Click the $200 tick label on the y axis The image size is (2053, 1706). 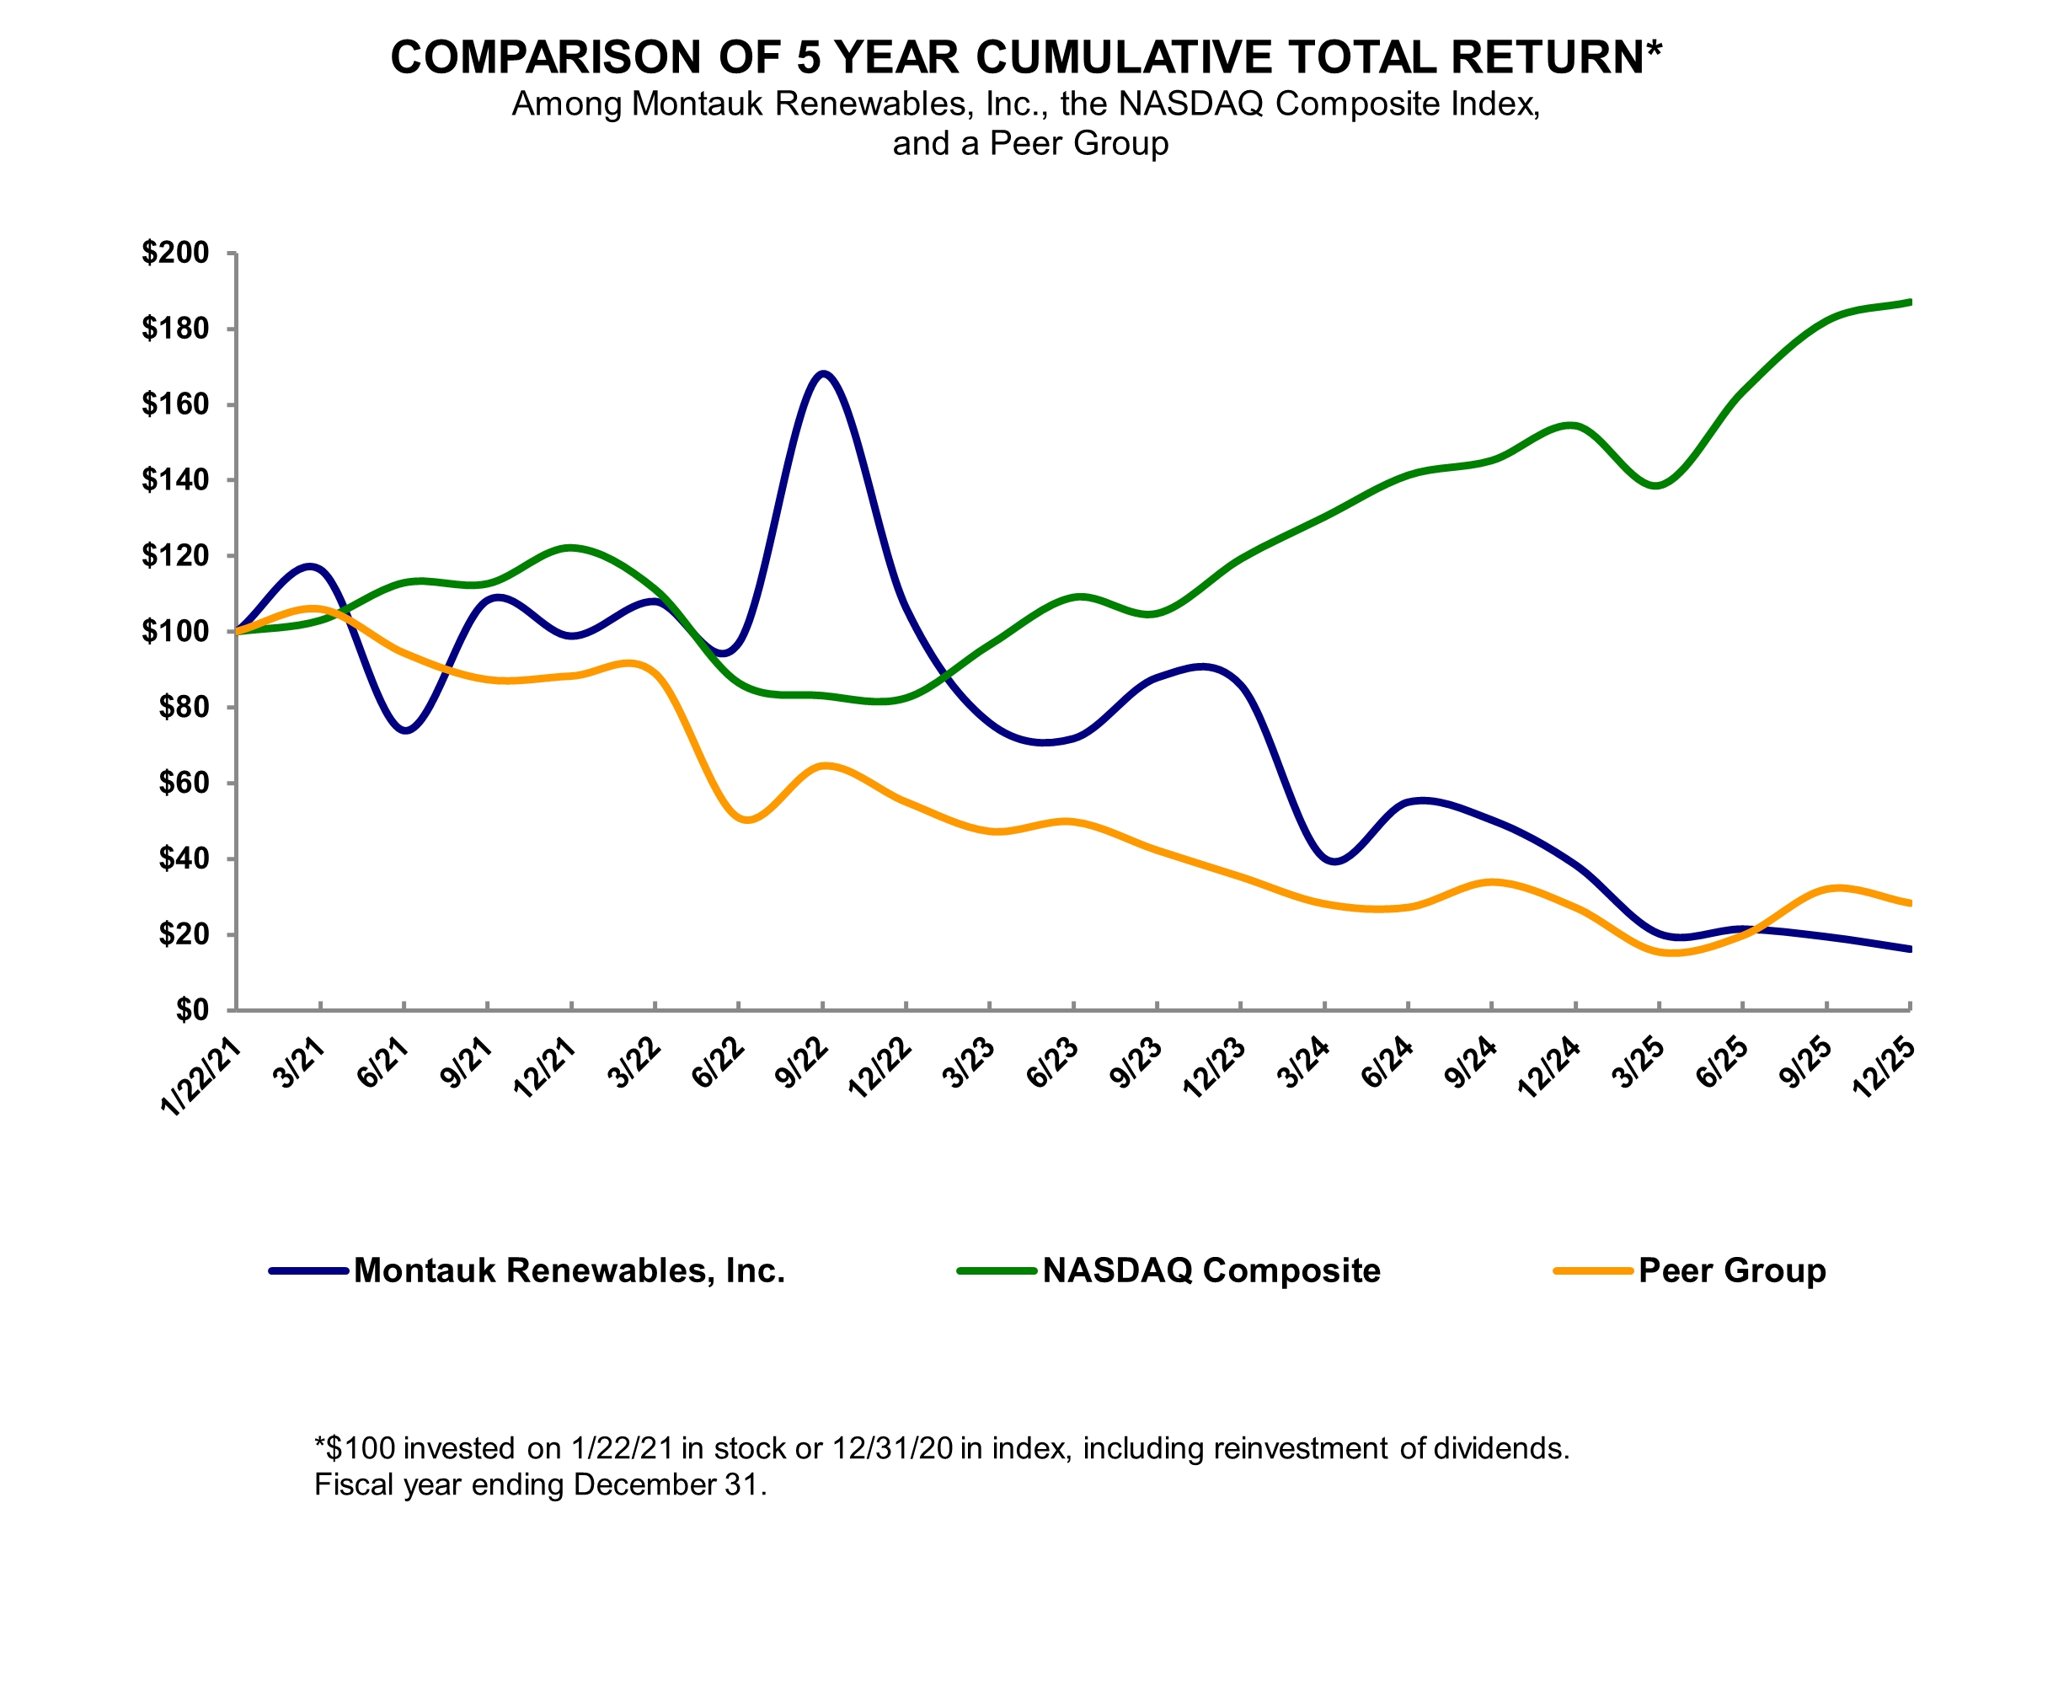pyautogui.click(x=175, y=254)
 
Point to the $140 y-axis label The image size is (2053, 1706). pyautogui.click(x=175, y=480)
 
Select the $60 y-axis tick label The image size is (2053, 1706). pyautogui.click(x=183, y=783)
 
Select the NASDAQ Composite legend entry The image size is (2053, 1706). pyautogui.click(x=1211, y=1271)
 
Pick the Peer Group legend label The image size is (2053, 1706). pyautogui.click(x=1731, y=1271)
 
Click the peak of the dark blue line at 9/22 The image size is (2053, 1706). pyautogui.click(x=823, y=373)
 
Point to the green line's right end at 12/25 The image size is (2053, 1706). pyautogui.click(x=1909, y=302)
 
